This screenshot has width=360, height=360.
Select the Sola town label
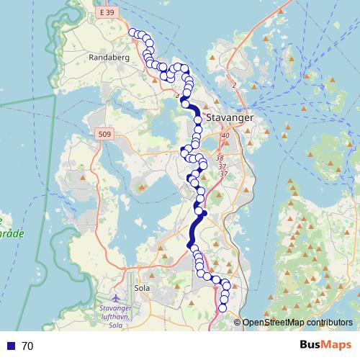click(141, 287)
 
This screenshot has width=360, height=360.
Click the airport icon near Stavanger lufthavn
click(117, 298)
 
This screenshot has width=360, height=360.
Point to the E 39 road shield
click(108, 13)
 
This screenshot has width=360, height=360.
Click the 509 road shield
click(104, 133)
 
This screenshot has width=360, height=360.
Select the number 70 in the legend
click(28, 346)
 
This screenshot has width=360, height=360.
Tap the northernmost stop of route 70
click(132, 32)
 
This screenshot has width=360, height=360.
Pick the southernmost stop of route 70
click(222, 308)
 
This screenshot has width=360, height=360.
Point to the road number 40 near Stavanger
click(225, 135)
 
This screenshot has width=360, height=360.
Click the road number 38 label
click(220, 158)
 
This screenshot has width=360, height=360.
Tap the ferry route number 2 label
click(234, 86)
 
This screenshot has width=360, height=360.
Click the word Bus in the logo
click(310, 346)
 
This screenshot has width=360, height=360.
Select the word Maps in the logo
click(336, 346)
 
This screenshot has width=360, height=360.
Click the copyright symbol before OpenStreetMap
click(238, 323)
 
